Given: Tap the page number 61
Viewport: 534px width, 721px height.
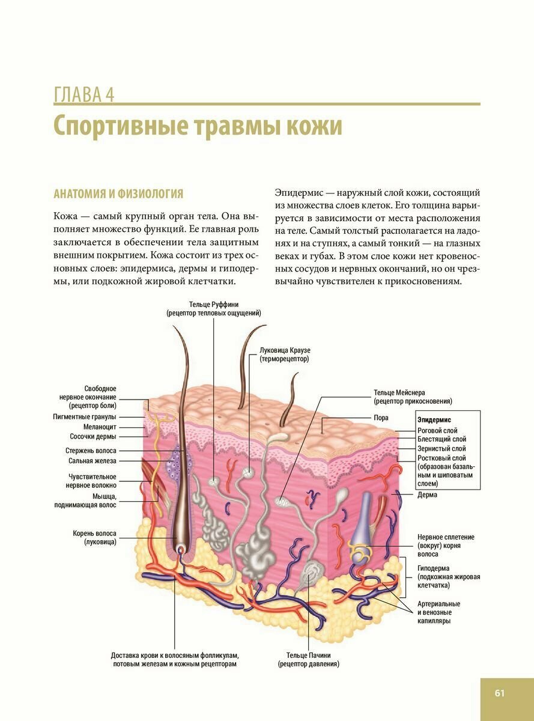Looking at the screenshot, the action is pos(500,693).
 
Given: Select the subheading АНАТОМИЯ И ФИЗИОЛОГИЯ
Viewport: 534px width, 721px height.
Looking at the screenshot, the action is pos(118,194).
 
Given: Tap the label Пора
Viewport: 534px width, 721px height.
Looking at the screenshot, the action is pos(381,418).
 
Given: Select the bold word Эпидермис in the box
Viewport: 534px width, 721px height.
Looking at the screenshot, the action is pos(434,420).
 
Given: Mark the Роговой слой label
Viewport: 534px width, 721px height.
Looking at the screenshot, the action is pos(437,430).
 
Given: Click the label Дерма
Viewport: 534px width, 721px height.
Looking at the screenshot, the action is pos(427,494).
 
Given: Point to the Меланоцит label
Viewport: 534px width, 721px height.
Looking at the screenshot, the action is pos(100,427).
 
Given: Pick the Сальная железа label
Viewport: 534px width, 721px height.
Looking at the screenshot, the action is pos(93,461).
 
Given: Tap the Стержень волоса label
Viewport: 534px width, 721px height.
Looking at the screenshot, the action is pos(91,450).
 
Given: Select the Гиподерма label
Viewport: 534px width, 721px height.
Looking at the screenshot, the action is pos(434,568).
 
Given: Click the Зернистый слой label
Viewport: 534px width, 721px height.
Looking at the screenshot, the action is pos(441,448).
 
